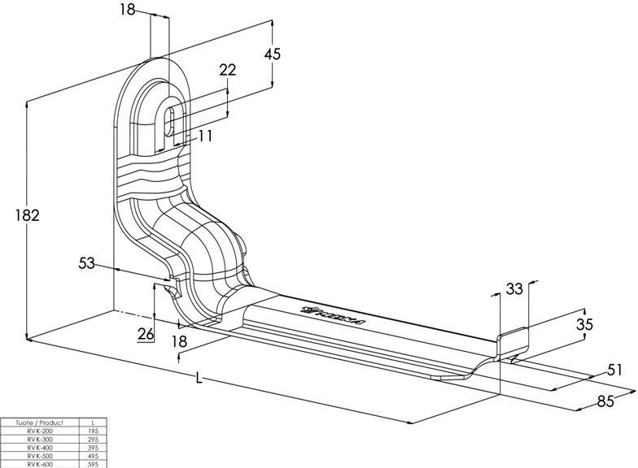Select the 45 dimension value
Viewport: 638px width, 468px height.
(273, 54)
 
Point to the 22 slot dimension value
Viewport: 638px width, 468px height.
(228, 70)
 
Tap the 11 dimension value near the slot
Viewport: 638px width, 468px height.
(205, 136)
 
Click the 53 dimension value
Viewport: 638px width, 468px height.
(87, 263)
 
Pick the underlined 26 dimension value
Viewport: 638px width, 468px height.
(146, 333)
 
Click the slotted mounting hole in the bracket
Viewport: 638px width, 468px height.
(171, 123)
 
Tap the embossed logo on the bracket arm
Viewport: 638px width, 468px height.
(333, 314)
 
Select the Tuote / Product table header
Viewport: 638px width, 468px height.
(33, 423)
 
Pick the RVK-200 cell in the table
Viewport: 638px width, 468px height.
(33, 431)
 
